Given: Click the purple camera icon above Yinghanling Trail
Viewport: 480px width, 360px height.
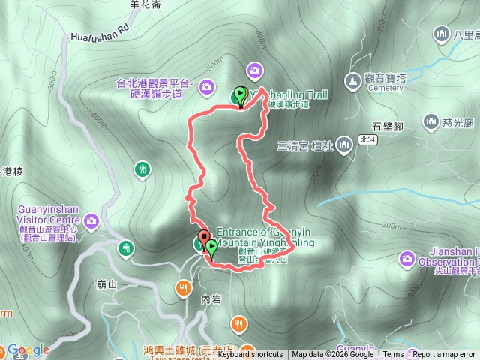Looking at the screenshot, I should click(x=255, y=70).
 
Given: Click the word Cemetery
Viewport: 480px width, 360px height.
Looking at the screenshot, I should click(x=385, y=88).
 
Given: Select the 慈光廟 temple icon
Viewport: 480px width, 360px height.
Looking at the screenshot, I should click(x=430, y=121).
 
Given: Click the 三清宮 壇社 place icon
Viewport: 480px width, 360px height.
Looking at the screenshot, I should click(x=343, y=144).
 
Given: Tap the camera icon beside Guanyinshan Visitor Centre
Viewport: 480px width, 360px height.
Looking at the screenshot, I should click(x=91, y=220).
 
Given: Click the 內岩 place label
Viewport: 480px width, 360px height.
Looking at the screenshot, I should click(x=211, y=298).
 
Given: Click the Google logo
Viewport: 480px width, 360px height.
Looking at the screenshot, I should click(x=28, y=349).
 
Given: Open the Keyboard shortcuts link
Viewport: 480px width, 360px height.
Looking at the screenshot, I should click(x=250, y=355).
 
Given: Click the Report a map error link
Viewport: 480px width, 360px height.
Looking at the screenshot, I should click(x=445, y=355).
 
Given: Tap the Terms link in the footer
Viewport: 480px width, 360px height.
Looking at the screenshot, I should click(x=393, y=355).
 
